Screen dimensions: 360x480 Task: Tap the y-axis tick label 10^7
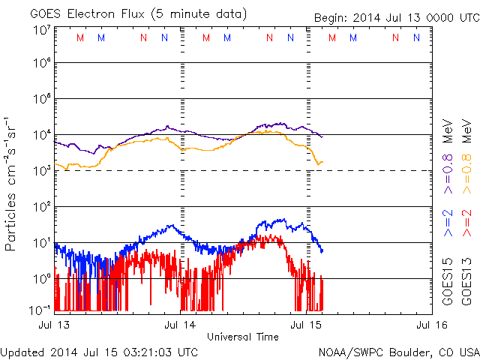(41, 30)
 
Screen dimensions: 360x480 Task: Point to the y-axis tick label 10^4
(41, 135)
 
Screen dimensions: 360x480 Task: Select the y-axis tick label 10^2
(41, 206)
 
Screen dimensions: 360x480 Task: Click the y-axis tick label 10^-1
(41, 310)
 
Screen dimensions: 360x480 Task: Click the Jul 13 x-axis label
(55, 325)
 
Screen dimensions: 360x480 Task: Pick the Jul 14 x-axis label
(180, 325)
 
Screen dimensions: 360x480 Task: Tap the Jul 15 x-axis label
(305, 325)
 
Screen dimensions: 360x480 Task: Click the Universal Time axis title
(242, 337)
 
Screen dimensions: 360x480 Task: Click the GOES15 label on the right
(448, 284)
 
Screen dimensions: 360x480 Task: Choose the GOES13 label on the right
(466, 284)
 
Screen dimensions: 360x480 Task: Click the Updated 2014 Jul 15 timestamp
(100, 352)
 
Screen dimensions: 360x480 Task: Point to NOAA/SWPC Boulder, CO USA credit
(398, 352)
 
